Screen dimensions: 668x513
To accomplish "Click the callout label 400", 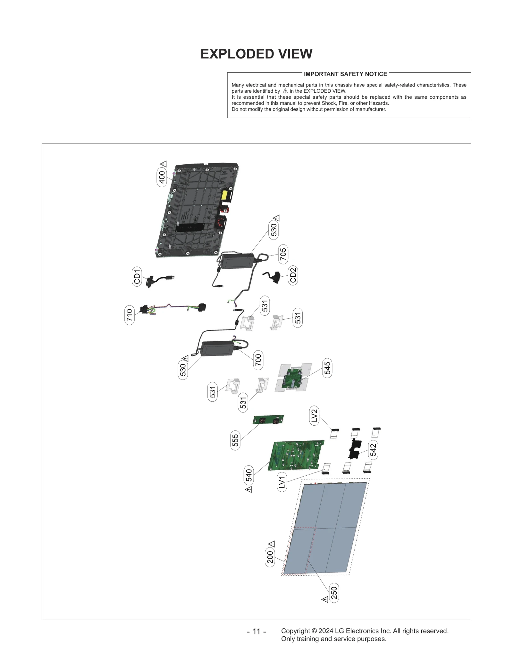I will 162,177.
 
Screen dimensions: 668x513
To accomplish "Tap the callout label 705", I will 283,254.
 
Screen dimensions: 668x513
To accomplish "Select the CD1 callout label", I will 137,276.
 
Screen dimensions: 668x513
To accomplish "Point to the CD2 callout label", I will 293,275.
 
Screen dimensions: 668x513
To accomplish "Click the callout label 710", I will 129,315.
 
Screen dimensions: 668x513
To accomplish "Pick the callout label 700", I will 258,360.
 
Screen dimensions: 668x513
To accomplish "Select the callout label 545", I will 327,368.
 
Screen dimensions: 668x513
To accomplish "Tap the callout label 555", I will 235,440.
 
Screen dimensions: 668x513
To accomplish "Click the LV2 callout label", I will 314,415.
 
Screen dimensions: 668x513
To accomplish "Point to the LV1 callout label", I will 282,482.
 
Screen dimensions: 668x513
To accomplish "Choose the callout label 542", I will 373,450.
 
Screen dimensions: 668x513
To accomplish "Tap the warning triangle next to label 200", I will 272,544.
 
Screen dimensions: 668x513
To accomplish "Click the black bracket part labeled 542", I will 355,448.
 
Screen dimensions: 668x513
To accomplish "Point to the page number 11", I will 256,631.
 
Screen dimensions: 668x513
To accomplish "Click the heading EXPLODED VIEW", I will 256,54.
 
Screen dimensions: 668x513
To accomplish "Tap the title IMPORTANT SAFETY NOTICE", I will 345,74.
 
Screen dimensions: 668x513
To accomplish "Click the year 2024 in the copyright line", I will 325,631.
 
